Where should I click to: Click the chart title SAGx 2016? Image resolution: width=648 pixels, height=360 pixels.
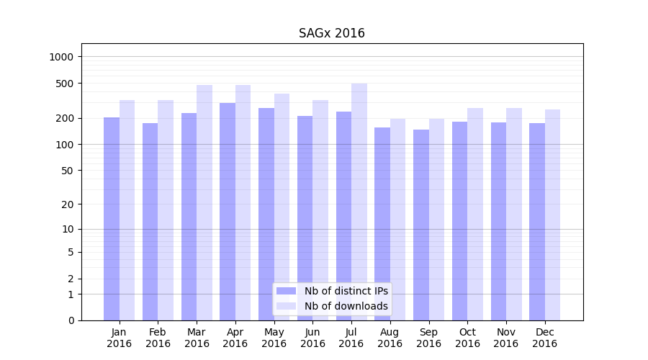tap(332, 34)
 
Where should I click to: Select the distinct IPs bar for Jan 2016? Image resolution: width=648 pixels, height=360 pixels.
tap(112, 219)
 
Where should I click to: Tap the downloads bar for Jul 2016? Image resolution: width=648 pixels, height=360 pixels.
tap(359, 202)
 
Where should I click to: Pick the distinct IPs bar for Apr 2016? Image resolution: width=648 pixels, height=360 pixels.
tap(228, 212)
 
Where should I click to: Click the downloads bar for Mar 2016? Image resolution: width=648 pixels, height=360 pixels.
tap(204, 202)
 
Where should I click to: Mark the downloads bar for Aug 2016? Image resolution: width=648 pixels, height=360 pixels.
tap(398, 220)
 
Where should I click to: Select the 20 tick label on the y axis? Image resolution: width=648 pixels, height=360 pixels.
tap(66, 204)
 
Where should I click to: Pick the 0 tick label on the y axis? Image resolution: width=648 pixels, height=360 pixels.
tap(71, 320)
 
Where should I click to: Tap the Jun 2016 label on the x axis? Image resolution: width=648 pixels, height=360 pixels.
tap(312, 338)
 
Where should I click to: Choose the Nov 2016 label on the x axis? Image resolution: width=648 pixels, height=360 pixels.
tap(506, 338)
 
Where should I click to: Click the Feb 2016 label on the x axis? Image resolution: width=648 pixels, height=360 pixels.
tap(158, 338)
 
